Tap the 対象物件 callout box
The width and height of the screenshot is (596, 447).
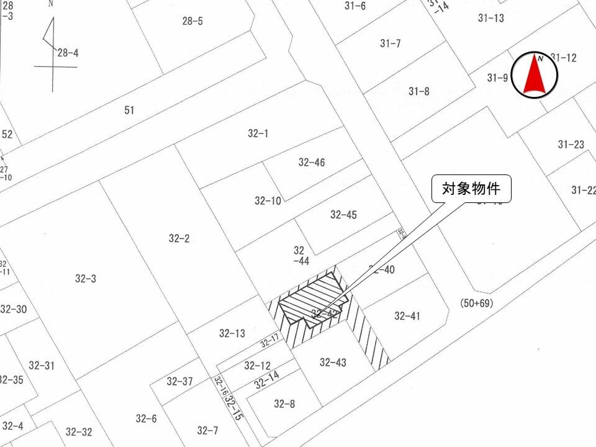pos(471,189)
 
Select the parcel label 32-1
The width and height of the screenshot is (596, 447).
pos(258,133)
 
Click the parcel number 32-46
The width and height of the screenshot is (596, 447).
pos(312,163)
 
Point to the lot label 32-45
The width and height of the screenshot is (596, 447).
pos(343,215)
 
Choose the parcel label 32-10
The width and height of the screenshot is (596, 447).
pos(268,201)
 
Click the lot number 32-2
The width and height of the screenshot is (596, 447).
pos(179,238)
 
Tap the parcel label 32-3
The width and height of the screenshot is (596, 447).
pos(86,279)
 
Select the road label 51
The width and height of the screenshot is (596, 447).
pos(129,111)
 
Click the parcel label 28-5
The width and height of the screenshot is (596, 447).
pos(192,21)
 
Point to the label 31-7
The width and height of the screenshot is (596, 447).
pos(391,43)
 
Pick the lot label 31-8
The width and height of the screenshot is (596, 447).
pos(419,91)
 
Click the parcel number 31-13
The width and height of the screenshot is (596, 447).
pos(491,18)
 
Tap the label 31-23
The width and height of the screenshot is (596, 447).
pos(571,145)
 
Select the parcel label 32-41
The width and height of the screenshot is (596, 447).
pos(407,316)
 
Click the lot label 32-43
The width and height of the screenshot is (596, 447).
pos(333,362)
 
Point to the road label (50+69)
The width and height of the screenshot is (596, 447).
pos(476,304)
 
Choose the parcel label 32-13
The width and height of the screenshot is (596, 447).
pos(232,333)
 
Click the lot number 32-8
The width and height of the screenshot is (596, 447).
pos(284,404)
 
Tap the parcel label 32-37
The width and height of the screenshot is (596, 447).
pos(179,381)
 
